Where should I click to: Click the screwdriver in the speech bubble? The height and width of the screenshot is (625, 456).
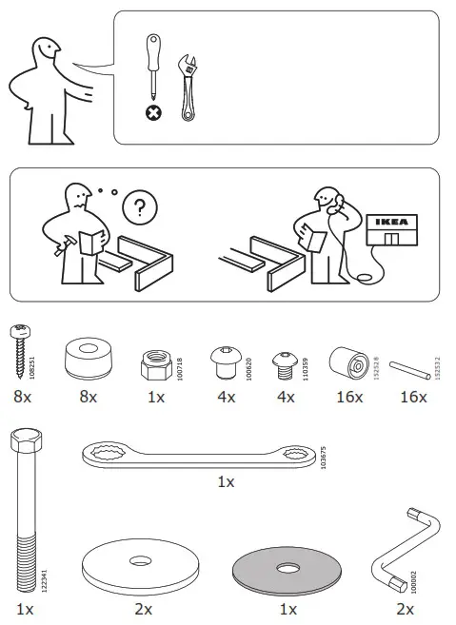tap(151, 69)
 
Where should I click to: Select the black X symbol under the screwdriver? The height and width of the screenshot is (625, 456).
tap(152, 113)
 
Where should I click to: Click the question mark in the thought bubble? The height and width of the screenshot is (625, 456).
tap(141, 205)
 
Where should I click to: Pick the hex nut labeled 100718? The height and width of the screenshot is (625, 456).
tap(157, 360)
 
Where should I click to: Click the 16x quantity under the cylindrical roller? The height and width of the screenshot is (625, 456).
tap(348, 396)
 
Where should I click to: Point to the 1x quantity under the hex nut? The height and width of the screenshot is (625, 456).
tap(156, 396)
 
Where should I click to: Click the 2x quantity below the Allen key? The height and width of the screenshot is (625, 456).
tap(405, 608)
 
